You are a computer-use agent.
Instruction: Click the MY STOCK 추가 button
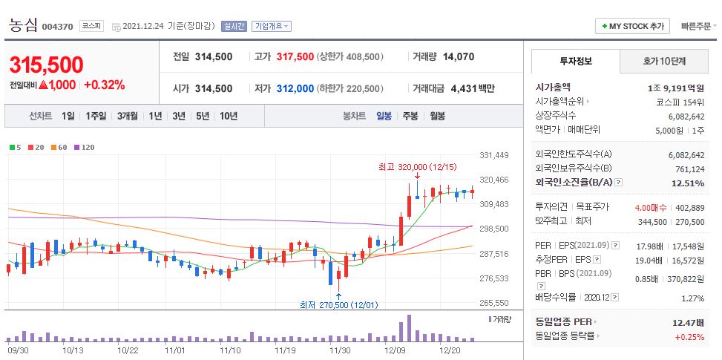pyautogui.click(x=632, y=26)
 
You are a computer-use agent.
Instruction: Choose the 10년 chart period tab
pyautogui.click(x=229, y=116)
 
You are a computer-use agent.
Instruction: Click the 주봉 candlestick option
pyautogui.click(x=410, y=116)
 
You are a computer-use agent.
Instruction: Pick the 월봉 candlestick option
pyautogui.click(x=437, y=116)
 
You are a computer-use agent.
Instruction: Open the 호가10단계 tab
pyautogui.click(x=663, y=61)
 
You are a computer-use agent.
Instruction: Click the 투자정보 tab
pyautogui.click(x=576, y=61)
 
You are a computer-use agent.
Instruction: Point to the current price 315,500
pyautogui.click(x=46, y=65)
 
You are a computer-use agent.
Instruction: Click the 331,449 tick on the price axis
pyautogui.click(x=494, y=155)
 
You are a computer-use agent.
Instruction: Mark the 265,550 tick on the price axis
pyautogui.click(x=494, y=303)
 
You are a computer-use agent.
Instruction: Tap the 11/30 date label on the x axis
pyautogui.click(x=340, y=350)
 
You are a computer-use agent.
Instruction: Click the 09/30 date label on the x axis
pyautogui.click(x=18, y=350)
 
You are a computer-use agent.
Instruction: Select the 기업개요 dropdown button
pyautogui.click(x=272, y=26)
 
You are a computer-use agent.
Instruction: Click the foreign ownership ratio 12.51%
pyautogui.click(x=689, y=183)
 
